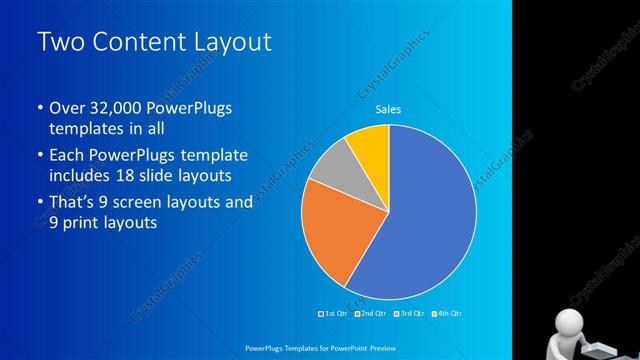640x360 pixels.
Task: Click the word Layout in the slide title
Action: pos(227,42)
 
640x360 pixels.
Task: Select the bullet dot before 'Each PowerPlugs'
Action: pos(40,157)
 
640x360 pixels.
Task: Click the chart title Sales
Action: pos(388,110)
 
